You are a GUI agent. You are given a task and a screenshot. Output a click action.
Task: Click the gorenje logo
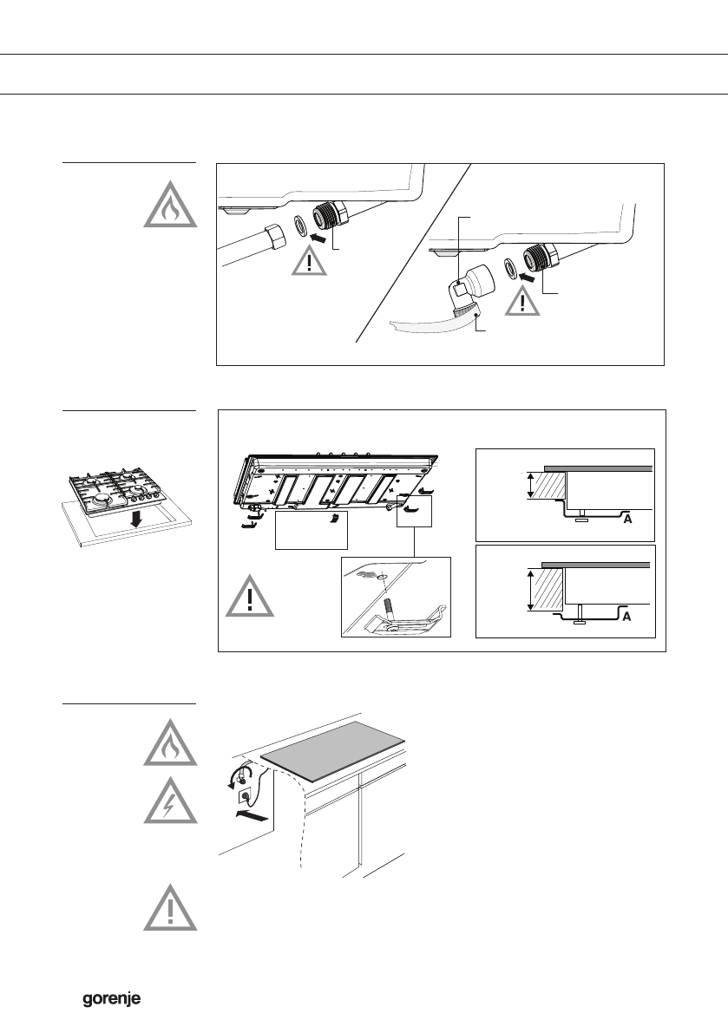[111, 999]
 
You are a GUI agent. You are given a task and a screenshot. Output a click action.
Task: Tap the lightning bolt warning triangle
[171, 801]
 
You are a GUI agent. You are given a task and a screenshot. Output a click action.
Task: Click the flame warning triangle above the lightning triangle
[171, 743]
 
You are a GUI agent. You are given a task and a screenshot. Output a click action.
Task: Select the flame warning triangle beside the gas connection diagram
[171, 205]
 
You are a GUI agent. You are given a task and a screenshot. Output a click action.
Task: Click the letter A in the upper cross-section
[627, 520]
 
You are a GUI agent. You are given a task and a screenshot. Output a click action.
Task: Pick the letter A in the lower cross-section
[626, 617]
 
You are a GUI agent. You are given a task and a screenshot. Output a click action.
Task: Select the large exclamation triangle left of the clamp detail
[250, 596]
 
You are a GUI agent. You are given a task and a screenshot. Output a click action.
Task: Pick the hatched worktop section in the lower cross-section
[548, 589]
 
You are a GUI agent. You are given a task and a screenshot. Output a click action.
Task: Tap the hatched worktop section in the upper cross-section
[551, 485]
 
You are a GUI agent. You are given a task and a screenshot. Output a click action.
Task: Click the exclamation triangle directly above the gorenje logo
[171, 907]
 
